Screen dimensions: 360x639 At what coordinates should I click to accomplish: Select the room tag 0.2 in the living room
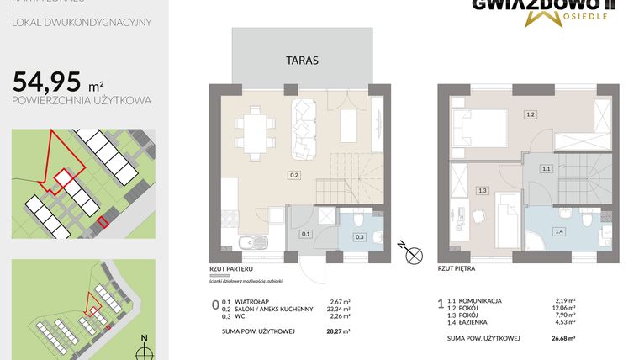click(293, 176)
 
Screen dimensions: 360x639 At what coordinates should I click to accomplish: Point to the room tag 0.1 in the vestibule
click(306, 234)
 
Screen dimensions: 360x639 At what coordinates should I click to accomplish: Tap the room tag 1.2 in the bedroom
click(530, 114)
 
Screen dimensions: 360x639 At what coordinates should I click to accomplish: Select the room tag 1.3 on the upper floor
click(482, 191)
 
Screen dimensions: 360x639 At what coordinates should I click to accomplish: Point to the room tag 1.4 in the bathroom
click(558, 230)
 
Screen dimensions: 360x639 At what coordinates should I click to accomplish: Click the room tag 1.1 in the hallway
click(546, 168)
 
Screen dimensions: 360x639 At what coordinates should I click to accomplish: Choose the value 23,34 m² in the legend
click(340, 308)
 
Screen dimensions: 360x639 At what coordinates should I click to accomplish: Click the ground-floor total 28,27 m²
click(339, 331)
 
